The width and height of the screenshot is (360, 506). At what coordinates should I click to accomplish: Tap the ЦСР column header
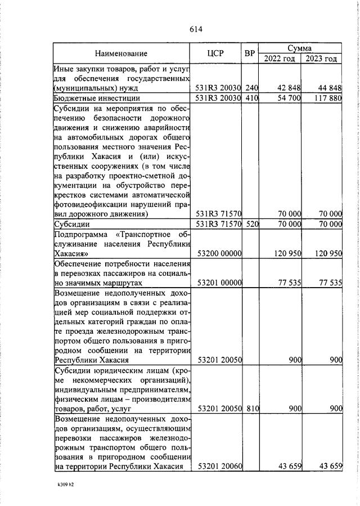pos(215,54)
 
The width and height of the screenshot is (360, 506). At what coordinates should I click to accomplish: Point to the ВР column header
pos(250,54)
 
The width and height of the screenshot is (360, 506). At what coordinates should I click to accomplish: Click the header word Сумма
pos(300,48)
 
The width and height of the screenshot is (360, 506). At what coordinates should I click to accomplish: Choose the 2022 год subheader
pos(279,59)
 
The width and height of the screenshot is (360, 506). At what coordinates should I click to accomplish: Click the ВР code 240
pos(251,88)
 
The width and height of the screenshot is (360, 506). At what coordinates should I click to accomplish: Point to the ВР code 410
pos(251,98)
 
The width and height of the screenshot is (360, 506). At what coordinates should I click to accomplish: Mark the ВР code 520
pos(251,224)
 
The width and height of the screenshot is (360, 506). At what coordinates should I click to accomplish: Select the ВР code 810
pos(251,409)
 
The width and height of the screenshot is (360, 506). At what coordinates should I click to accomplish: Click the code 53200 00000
pos(218,254)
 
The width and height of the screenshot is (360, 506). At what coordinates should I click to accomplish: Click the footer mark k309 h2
pos(65,483)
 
